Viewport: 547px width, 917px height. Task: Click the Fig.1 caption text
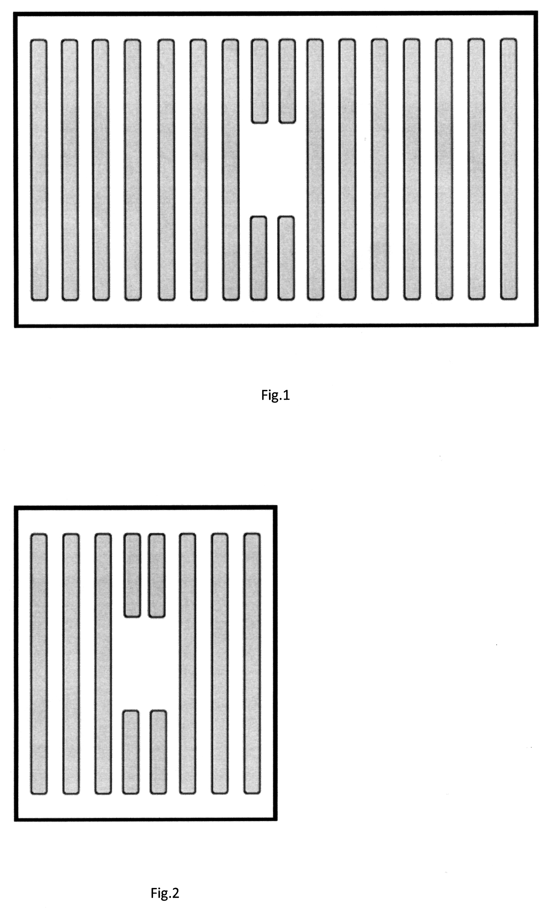(x=276, y=395)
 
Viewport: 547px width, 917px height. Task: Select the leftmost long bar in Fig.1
(x=39, y=170)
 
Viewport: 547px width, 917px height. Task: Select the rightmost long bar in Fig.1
(x=509, y=169)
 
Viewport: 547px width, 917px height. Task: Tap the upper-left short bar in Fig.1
(x=259, y=81)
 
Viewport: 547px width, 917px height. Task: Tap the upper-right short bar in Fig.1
(x=287, y=81)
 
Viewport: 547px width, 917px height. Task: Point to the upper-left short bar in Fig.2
(x=132, y=575)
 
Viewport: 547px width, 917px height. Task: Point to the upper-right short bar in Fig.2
(x=157, y=575)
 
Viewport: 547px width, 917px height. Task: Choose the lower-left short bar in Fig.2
(x=131, y=752)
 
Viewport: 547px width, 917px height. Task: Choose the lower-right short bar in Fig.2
(x=158, y=752)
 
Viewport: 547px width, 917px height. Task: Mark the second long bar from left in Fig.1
(x=70, y=170)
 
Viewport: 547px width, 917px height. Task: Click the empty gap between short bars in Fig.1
(x=273, y=169)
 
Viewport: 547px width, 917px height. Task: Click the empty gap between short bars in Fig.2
(x=145, y=664)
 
